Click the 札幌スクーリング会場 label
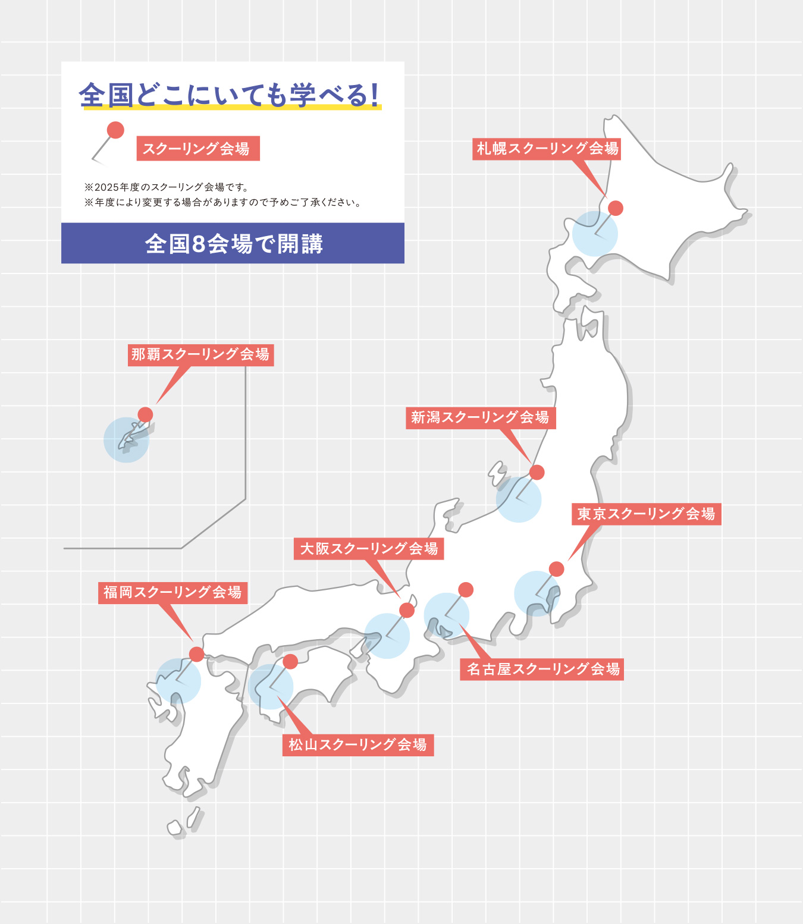(x=547, y=149)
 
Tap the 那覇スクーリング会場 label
(x=200, y=355)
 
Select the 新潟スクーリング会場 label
(x=481, y=417)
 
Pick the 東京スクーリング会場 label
(x=647, y=514)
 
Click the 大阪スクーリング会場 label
(x=369, y=549)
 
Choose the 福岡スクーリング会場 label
(x=172, y=592)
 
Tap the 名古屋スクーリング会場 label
(x=542, y=670)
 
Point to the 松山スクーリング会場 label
(x=358, y=745)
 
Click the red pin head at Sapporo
(x=616, y=208)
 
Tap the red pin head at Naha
(x=145, y=414)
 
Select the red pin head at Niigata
(x=537, y=472)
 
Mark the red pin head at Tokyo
(x=556, y=569)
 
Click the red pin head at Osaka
(x=407, y=610)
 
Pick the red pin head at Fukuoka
(x=196, y=654)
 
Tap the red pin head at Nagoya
(x=466, y=589)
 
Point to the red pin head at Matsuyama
(x=290, y=661)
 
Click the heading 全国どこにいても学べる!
(x=229, y=95)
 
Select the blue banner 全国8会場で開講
(x=233, y=243)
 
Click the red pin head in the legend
(x=115, y=130)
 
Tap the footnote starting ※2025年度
(x=166, y=187)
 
